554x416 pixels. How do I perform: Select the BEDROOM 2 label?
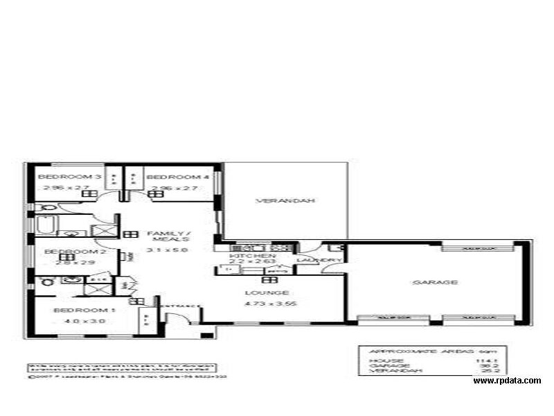pos(64,252)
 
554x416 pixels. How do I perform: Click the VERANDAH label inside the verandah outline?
pos(276,201)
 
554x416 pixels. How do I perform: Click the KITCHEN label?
pos(244,255)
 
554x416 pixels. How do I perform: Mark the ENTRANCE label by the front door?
pos(182,306)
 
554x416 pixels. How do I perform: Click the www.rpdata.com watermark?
pos(507,381)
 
